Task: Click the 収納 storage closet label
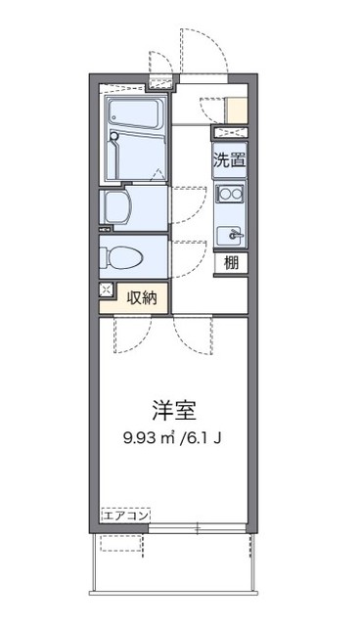point(139,295)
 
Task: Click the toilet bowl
point(125,256)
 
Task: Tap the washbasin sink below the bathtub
point(119,205)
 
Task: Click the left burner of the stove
point(223,194)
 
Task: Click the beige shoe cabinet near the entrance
point(236,109)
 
